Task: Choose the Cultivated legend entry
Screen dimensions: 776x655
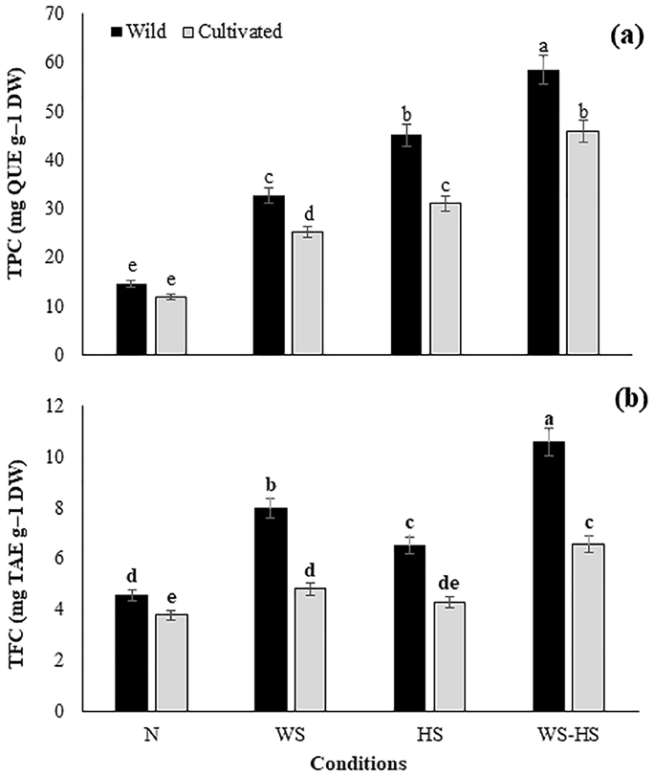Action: tap(238, 31)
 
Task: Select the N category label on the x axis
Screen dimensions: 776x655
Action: tap(154, 737)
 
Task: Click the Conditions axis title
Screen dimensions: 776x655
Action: tap(359, 764)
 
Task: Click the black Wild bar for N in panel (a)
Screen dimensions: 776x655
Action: tap(132, 320)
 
